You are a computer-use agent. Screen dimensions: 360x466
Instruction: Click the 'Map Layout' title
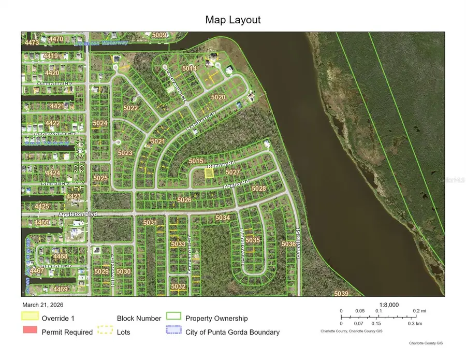pyautogui.click(x=232, y=20)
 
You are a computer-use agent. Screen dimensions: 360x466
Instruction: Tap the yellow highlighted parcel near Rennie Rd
pyautogui.click(x=208, y=174)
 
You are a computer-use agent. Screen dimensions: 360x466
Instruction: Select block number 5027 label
pyautogui.click(x=233, y=172)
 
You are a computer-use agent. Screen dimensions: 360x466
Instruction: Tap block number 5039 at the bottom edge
pyautogui.click(x=341, y=294)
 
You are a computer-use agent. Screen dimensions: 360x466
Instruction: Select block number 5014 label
pyautogui.click(x=190, y=68)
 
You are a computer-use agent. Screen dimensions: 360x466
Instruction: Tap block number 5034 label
pyautogui.click(x=223, y=218)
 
